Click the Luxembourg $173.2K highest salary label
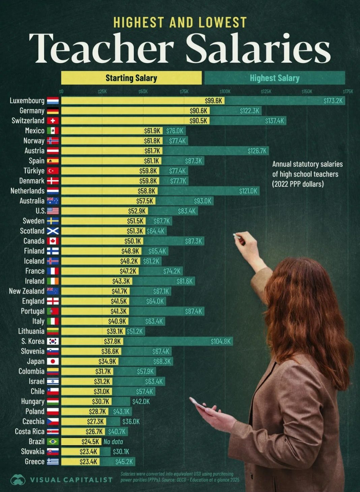[x=333, y=100]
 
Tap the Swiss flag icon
[x=53, y=121]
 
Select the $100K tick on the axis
[x=225, y=91]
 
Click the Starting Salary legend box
[x=131, y=78]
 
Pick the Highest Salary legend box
[x=274, y=78]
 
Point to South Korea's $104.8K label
[x=220, y=341]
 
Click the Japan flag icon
[x=53, y=361]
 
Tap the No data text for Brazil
[x=113, y=442]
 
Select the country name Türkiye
[x=34, y=171]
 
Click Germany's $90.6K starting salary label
[x=199, y=111]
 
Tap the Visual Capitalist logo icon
[x=18, y=479]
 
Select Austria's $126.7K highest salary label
[x=257, y=151]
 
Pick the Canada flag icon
[x=53, y=241]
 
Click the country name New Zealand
[x=27, y=291]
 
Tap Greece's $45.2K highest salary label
[x=124, y=462]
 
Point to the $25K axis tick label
[x=102, y=91]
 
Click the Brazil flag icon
[x=53, y=442]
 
